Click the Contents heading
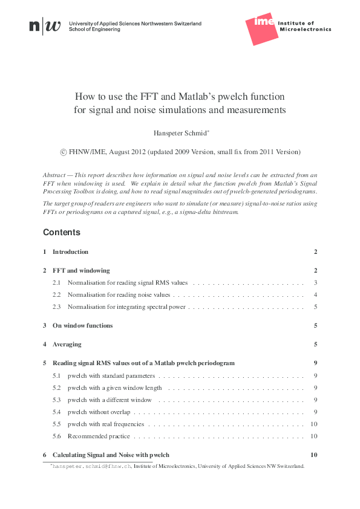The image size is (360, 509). pos(61,232)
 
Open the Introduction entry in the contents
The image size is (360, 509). pos(70,251)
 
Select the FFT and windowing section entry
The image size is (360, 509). pos(81,270)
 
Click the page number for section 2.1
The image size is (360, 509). pos(316,283)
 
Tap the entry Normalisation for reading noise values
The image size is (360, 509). pos(119,295)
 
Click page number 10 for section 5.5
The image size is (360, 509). pos(314,424)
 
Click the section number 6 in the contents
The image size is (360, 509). pos(45,455)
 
